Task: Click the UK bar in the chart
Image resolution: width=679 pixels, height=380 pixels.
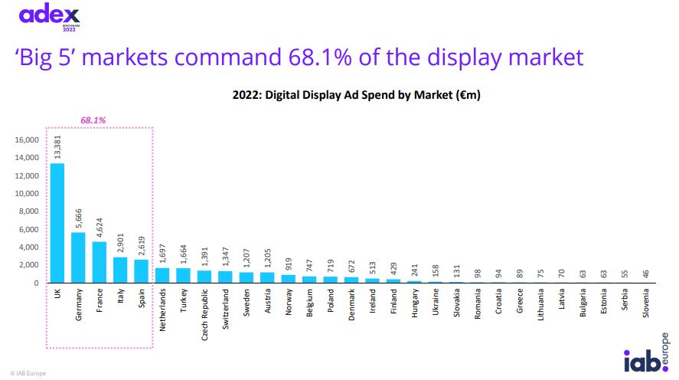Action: tap(57, 223)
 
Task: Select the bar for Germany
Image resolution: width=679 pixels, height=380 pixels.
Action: tap(78, 257)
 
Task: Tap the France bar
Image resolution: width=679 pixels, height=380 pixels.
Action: tap(99, 262)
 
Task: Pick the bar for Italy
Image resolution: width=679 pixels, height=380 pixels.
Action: tap(120, 270)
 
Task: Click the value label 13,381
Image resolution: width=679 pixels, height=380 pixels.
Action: tap(58, 146)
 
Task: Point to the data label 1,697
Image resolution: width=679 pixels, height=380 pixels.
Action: tap(162, 251)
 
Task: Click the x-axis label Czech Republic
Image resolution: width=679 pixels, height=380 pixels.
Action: tap(204, 314)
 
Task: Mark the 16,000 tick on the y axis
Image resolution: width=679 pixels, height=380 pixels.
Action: tap(25, 140)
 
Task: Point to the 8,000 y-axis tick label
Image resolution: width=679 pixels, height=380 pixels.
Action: tap(28, 211)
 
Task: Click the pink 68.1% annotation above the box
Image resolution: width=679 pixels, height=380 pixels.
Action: tap(93, 120)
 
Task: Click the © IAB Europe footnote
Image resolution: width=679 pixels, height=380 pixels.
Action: tap(28, 372)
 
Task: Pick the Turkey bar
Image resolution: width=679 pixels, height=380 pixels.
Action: tap(182, 275)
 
